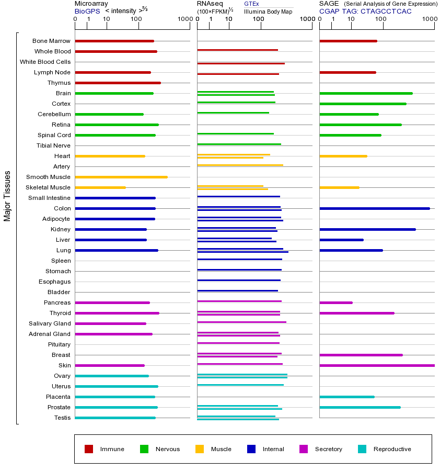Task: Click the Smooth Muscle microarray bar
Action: (121, 177)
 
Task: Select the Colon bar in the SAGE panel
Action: (374, 208)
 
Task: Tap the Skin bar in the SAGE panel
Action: (376, 365)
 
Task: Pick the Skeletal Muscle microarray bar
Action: (100, 187)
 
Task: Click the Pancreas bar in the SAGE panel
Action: (335, 302)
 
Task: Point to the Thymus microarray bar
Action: (118, 83)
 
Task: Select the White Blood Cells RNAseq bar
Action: (240, 63)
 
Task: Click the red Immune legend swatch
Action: (89, 449)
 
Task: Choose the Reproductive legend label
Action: (392, 449)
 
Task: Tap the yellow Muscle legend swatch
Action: (200, 449)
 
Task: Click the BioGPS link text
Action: (87, 11)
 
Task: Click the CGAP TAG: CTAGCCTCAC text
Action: (365, 11)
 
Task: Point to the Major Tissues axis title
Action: (7, 196)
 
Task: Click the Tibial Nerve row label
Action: (53, 145)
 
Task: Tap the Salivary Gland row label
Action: (50, 323)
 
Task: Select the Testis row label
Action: (62, 418)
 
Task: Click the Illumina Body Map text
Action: (268, 12)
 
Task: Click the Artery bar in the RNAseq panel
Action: (240, 165)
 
